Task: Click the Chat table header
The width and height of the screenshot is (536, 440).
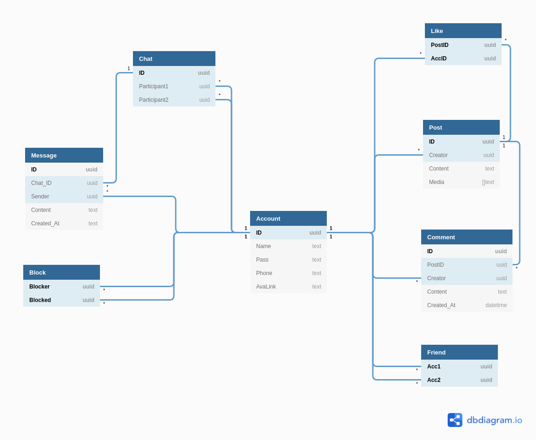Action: (174, 59)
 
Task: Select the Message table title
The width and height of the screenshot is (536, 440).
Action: (64, 155)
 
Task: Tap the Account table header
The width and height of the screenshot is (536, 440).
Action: (288, 218)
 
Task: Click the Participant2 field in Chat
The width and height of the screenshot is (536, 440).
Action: (154, 100)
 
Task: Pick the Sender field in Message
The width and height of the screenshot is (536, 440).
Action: (40, 197)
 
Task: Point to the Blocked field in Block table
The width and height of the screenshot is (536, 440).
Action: (40, 300)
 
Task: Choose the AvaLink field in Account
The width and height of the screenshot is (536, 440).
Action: (266, 287)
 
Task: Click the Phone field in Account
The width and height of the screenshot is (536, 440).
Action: (265, 273)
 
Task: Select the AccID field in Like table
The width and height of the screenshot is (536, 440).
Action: (439, 59)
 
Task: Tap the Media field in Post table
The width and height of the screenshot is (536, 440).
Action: (437, 182)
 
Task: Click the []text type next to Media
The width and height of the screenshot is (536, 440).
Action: (488, 182)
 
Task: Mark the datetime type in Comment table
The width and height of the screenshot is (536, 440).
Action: (496, 305)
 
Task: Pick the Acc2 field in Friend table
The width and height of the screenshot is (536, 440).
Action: (434, 380)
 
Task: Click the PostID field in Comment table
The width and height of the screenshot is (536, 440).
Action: (436, 265)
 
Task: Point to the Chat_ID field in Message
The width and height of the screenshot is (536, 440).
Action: (41, 183)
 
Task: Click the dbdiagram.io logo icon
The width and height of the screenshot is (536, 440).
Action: (455, 420)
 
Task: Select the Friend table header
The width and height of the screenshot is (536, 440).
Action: (459, 352)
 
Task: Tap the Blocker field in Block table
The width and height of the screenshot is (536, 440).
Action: (40, 287)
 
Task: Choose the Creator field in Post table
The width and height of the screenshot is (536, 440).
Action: (438, 155)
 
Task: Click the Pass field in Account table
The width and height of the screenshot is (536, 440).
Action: (263, 260)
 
